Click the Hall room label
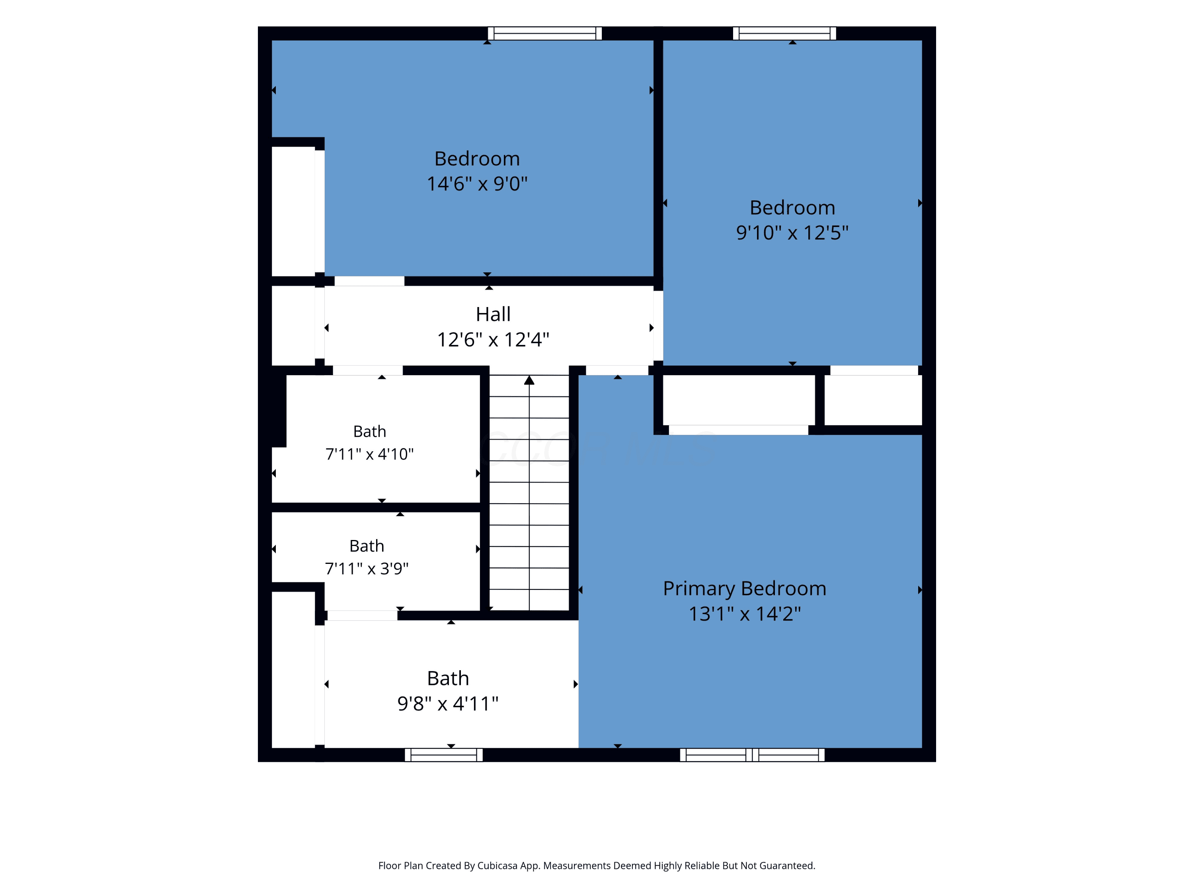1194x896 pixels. pos(493,314)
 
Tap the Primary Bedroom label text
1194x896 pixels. pos(744,589)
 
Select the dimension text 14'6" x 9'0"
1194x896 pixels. pos(477,184)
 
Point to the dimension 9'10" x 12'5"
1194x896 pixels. pos(792,233)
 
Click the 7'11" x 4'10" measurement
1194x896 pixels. pos(369,454)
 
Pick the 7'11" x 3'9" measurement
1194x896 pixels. pos(367,569)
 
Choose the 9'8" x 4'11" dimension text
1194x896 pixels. pos(447,704)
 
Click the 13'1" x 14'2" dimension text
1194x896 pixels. pos(744,614)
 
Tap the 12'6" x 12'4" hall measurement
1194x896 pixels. pos(493,340)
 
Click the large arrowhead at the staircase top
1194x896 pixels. pos(529,380)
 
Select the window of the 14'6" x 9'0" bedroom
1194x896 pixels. pos(544,33)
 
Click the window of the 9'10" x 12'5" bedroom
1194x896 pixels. pos(784,33)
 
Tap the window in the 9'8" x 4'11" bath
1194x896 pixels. pos(444,755)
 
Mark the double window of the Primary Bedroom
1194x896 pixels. pos(752,755)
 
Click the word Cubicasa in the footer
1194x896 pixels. pos(497,866)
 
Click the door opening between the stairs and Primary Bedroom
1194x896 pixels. pos(617,370)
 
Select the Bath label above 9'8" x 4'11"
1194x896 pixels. pos(448,678)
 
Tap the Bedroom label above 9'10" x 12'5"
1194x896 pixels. pos(792,207)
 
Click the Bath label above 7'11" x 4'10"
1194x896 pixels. pos(369,432)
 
